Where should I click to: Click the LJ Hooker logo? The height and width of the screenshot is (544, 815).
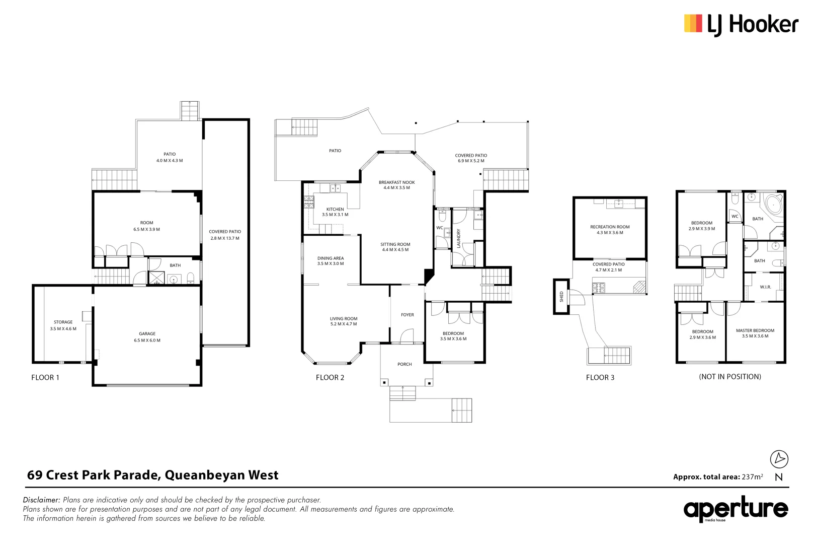tap(741, 24)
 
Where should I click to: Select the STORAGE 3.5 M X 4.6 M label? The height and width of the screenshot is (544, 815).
tap(63, 325)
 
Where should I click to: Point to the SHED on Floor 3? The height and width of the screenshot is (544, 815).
tap(561, 297)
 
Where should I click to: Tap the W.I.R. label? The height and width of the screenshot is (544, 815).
tap(765, 287)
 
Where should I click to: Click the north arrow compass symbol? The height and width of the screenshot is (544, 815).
tap(779, 459)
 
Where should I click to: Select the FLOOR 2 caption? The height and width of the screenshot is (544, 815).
tap(330, 377)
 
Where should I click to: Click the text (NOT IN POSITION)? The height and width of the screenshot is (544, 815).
tap(729, 377)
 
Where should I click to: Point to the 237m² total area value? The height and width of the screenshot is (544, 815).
tap(752, 477)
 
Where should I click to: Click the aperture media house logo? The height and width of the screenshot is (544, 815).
tap(735, 510)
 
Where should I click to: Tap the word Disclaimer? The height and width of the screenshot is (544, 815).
tap(41, 500)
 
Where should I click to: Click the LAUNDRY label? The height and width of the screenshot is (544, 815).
tap(458, 238)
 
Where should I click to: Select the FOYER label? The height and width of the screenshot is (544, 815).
tap(407, 315)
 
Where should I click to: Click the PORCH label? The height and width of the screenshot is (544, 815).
tap(404, 364)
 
